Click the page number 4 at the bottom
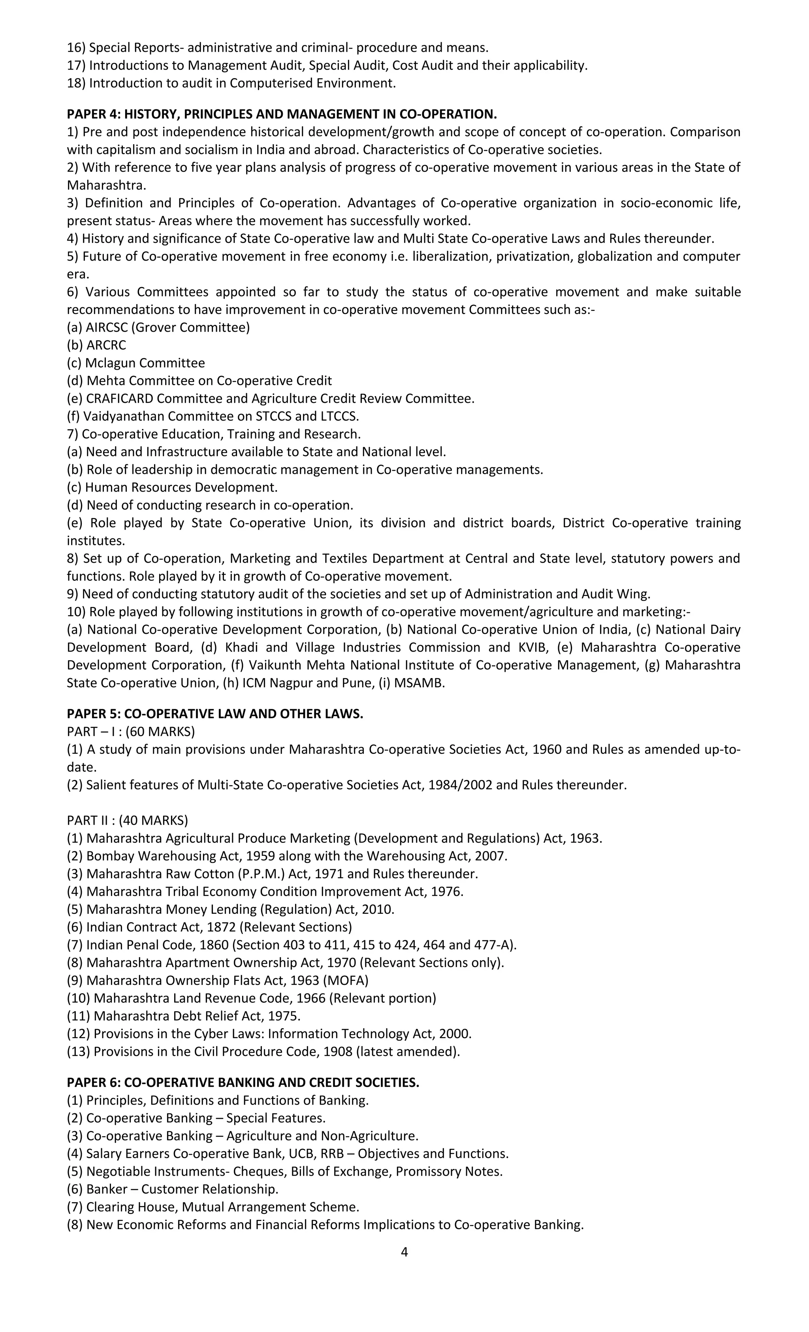tap(404, 1251)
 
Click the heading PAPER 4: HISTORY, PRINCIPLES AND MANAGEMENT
tap(281, 114)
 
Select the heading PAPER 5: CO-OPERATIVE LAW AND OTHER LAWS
tap(214, 714)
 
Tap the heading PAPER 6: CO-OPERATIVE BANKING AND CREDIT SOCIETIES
tap(243, 1082)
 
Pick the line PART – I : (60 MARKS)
tap(130, 731)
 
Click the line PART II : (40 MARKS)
tap(127, 820)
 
